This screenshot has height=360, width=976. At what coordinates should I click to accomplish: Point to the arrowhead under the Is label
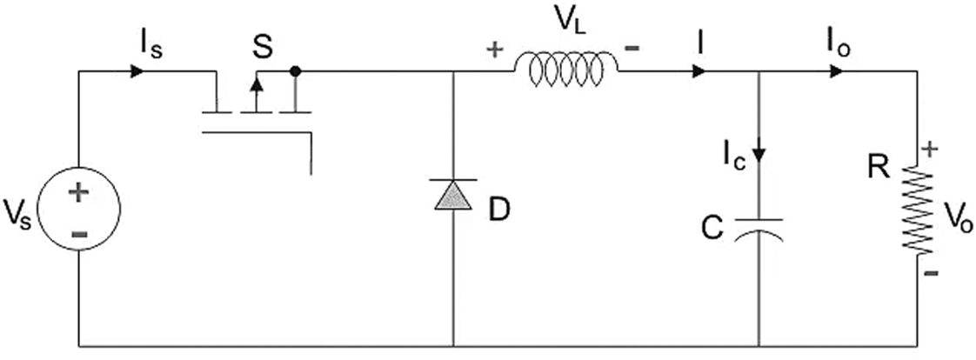tap(137, 70)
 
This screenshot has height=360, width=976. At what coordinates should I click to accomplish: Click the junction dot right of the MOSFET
tap(296, 70)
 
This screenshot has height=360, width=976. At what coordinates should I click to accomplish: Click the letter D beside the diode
tap(498, 210)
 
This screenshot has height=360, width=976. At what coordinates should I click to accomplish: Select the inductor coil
tap(566, 70)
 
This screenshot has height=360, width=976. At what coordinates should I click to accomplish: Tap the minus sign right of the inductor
tap(633, 49)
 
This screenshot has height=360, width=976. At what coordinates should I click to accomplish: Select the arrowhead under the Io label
tap(836, 70)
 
